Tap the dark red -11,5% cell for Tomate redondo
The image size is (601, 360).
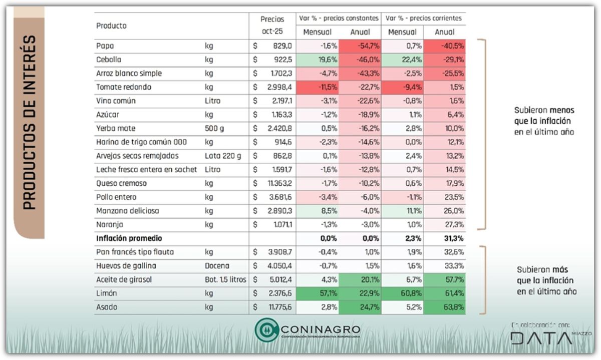(318, 87)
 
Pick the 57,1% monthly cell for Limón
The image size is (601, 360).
(318, 293)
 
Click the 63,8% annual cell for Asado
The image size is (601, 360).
(445, 307)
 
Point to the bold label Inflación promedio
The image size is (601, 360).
(129, 239)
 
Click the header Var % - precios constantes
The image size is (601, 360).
(339, 18)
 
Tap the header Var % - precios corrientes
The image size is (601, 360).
(423, 18)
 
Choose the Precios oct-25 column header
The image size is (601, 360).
(272, 25)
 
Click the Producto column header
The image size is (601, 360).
(111, 26)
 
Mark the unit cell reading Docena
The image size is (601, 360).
(217, 266)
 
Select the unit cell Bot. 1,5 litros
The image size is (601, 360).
(225, 279)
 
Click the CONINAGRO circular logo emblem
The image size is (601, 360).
(266, 330)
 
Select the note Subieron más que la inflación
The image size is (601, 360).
(545, 280)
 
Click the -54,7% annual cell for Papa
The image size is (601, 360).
(360, 46)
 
